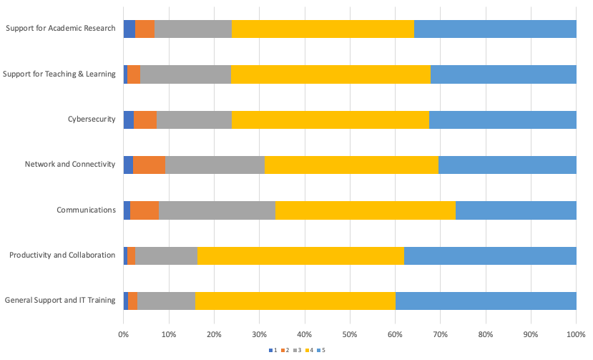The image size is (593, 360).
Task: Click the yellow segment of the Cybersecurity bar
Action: click(x=330, y=120)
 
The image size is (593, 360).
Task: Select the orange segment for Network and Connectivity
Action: click(x=149, y=165)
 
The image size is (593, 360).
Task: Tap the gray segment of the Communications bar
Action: click(x=217, y=210)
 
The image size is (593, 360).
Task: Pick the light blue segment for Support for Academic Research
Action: click(x=495, y=29)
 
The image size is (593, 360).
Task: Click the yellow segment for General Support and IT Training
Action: click(x=295, y=301)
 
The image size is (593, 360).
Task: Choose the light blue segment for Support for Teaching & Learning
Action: click(x=503, y=74)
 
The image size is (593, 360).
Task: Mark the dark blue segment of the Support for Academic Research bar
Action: click(x=129, y=29)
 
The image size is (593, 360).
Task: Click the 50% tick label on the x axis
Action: click(x=350, y=334)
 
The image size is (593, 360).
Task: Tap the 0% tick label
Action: click(x=123, y=334)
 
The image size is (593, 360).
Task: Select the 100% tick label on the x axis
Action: click(x=576, y=334)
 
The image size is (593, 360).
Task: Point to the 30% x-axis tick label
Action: click(x=259, y=334)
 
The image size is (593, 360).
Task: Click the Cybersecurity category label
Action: click(x=91, y=120)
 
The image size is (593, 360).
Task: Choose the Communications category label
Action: click(x=86, y=210)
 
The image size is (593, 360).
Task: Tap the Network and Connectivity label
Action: click(x=70, y=165)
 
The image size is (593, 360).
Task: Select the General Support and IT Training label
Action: click(x=59, y=301)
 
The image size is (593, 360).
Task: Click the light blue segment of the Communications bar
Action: click(x=516, y=210)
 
